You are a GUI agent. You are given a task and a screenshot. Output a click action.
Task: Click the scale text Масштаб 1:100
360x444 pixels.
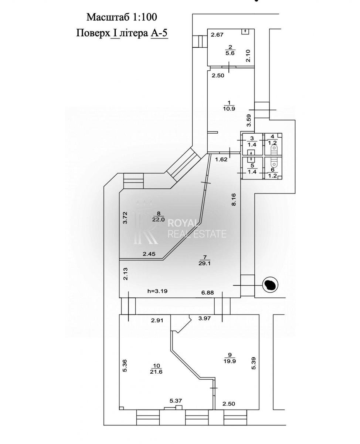click(122, 17)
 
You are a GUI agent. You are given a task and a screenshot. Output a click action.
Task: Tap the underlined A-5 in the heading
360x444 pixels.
click(159, 33)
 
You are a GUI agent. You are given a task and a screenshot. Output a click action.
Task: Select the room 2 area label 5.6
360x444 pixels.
click(230, 53)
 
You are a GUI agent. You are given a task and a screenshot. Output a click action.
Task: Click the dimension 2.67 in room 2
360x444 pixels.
click(217, 35)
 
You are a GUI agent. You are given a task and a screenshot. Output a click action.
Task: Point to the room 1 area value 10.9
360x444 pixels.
click(229, 109)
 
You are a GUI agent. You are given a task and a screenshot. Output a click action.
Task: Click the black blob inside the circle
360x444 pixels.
click(271, 284)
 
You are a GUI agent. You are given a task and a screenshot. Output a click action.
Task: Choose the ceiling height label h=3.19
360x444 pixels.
click(157, 291)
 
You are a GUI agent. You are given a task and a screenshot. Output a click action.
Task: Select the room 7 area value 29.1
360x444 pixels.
click(204, 263)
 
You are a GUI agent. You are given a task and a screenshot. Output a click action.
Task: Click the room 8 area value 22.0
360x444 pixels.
click(159, 219)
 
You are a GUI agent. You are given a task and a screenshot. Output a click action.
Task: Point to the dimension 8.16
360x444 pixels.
click(234, 200)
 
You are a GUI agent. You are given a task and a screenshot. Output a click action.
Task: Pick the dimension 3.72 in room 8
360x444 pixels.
click(125, 218)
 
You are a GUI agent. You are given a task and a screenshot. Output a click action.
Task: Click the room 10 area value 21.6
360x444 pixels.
click(156, 372)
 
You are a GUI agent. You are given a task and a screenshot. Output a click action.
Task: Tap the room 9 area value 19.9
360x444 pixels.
click(230, 361)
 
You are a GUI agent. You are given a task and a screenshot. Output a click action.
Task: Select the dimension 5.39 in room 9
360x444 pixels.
click(254, 363)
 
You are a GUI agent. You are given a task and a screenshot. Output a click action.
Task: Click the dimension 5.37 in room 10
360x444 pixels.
click(176, 401)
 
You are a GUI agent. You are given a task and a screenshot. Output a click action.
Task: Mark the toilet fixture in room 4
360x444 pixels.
click(274, 149)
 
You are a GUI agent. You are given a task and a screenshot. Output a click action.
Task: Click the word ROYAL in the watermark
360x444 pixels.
click(182, 223)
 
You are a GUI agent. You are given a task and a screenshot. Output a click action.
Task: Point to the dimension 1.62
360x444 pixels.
click(221, 160)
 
